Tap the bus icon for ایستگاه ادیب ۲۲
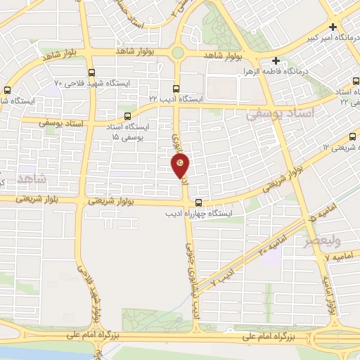(176, 89)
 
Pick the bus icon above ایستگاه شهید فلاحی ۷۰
(92, 72)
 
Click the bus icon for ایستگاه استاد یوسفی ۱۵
(127, 116)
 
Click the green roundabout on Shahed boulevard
(177, 52)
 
